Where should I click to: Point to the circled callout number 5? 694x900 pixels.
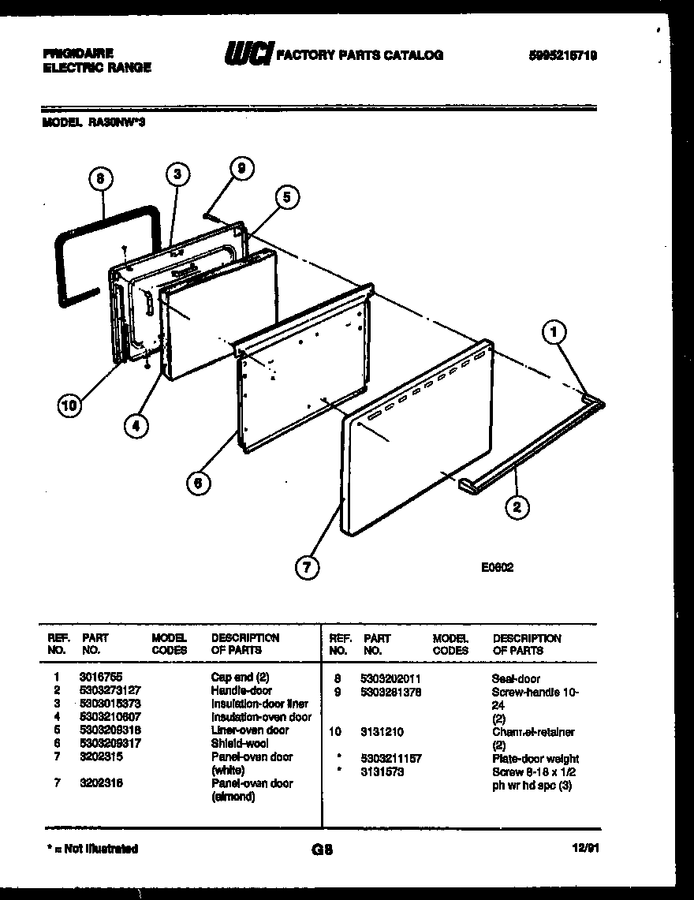287,198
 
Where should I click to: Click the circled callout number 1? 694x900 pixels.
555,334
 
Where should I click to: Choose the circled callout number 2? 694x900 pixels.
517,506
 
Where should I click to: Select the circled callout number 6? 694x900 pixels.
199,482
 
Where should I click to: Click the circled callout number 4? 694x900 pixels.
136,426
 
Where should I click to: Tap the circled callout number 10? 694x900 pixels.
69,406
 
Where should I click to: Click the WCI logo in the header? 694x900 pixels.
248,54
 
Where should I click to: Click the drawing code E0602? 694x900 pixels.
497,566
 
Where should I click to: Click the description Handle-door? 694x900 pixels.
241,690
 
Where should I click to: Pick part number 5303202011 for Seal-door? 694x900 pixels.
390,678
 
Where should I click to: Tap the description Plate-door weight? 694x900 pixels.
535,759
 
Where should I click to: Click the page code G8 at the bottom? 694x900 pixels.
323,850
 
